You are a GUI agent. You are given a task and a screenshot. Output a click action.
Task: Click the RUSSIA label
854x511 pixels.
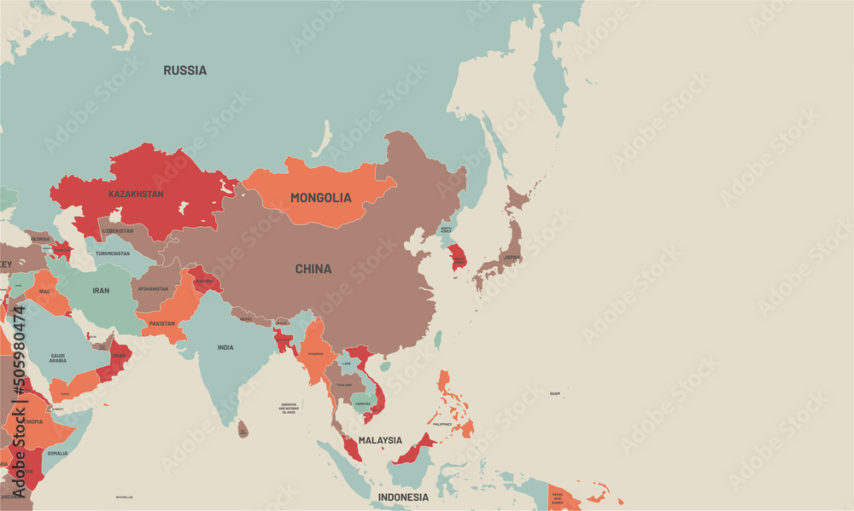pyautogui.click(x=184, y=71)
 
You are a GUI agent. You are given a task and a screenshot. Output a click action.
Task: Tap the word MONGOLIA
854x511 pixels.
pyautogui.click(x=320, y=198)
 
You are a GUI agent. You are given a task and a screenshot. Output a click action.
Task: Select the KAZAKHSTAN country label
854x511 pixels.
pyautogui.click(x=136, y=195)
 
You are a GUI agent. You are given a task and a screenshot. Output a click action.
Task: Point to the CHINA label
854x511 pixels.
pyautogui.click(x=313, y=269)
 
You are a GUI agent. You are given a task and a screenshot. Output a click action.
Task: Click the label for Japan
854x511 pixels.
pyautogui.click(x=511, y=257)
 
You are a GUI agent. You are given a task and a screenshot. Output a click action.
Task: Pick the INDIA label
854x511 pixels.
pyautogui.click(x=225, y=347)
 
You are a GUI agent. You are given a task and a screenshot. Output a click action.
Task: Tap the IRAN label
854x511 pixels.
pyautogui.click(x=101, y=291)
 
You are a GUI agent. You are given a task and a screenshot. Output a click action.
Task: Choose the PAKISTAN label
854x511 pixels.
pyautogui.click(x=161, y=323)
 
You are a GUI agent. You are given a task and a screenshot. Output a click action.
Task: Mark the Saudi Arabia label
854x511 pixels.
pyautogui.click(x=58, y=357)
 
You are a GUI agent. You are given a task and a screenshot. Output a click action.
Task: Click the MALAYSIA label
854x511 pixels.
pyautogui.click(x=380, y=440)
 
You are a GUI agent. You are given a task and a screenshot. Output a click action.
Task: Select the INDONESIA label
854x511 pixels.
pyautogui.click(x=403, y=496)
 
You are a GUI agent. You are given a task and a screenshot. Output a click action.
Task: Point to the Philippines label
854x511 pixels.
pyautogui.click(x=442, y=424)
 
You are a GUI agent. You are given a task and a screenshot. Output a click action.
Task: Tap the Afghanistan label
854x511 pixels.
pyautogui.click(x=155, y=289)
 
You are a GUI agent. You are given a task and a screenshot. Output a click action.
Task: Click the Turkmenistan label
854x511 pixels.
pyautogui.click(x=113, y=253)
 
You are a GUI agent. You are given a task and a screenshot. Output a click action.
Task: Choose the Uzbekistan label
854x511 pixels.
pyautogui.click(x=118, y=230)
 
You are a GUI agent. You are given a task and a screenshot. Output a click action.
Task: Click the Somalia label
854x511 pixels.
pyautogui.click(x=58, y=453)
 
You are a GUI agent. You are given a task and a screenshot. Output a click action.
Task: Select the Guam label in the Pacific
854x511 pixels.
pyautogui.click(x=555, y=393)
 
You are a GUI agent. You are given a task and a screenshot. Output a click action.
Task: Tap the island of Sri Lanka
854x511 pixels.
pyautogui.click(x=243, y=429)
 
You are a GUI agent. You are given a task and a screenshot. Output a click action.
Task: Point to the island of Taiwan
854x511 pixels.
pyautogui.click(x=439, y=340)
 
